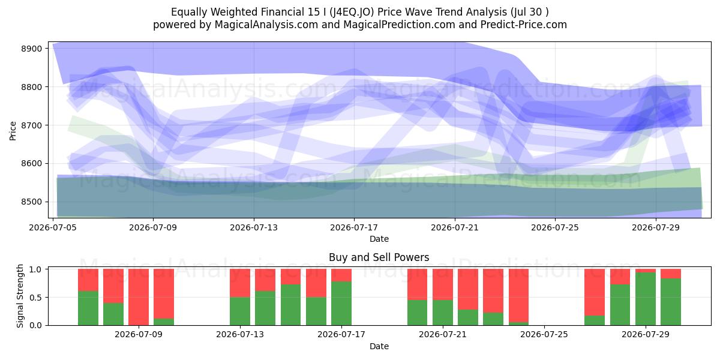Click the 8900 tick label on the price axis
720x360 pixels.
click(x=31, y=49)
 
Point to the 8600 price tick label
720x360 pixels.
click(x=31, y=164)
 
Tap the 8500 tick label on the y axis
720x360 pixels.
click(x=31, y=202)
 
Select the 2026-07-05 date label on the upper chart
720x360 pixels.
click(x=53, y=227)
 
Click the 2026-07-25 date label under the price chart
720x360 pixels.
click(x=555, y=227)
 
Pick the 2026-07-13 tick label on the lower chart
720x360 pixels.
click(x=240, y=334)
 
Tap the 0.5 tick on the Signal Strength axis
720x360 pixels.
click(x=36, y=298)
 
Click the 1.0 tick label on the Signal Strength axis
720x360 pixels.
click(x=36, y=269)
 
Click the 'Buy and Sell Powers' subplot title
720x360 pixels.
click(x=379, y=257)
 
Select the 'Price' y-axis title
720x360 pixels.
click(x=13, y=131)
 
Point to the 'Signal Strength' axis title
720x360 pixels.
click(x=20, y=296)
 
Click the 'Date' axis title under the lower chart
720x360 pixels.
click(x=379, y=346)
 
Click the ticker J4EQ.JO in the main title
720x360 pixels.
click(x=352, y=12)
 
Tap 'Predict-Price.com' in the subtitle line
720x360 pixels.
click(x=524, y=25)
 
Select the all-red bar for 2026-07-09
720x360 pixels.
click(x=139, y=297)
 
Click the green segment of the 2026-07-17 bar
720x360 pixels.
click(x=341, y=304)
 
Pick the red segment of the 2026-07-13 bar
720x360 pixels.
click(x=240, y=283)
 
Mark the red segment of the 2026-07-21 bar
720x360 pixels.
click(x=443, y=284)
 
